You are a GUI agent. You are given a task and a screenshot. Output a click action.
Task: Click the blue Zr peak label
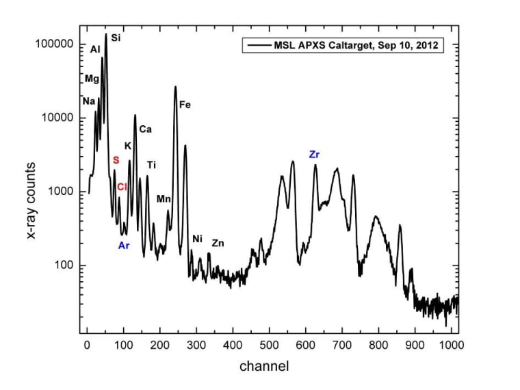314,155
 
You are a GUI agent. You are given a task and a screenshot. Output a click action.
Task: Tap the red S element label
116,160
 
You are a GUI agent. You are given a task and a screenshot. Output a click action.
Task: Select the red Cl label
122,187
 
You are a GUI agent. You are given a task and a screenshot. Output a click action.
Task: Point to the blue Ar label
124,245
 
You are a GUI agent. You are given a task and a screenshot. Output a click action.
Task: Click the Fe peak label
185,105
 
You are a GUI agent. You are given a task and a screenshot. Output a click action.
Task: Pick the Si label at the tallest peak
116,38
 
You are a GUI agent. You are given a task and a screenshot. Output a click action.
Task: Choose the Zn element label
218,243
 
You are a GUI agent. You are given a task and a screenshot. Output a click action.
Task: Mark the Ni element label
198,239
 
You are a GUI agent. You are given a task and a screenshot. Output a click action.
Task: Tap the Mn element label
164,199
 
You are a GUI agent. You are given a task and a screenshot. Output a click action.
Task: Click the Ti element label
151,165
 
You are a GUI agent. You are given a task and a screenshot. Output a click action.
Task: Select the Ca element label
145,129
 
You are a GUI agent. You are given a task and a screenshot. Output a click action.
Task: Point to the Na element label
88,101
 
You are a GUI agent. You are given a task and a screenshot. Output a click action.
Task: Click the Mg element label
92,79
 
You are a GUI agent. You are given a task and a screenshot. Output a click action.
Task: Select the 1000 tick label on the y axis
63,192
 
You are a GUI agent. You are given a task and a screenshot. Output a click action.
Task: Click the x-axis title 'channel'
263,366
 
